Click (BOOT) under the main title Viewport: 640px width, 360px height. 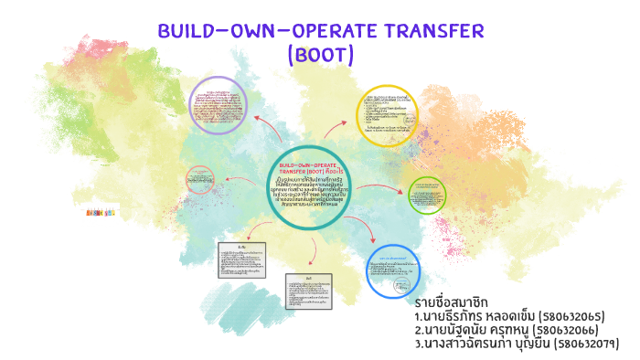320,55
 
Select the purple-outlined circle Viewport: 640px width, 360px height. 217,106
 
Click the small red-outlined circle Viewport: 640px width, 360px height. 200,179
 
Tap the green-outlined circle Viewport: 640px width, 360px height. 426,195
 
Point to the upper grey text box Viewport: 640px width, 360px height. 241,260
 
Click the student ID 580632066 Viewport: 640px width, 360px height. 569,330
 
